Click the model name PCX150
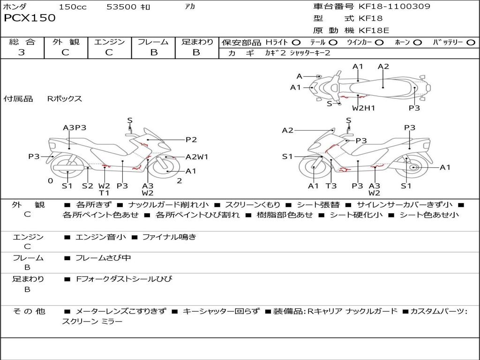pyautogui.click(x=30, y=18)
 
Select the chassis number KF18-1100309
pyautogui.click(x=394, y=7)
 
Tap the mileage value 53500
pyautogui.click(x=121, y=7)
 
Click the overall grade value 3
pyautogui.click(x=22, y=52)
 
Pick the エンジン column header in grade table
pyautogui.click(x=109, y=42)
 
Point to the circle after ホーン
pyautogui.click(x=418, y=42)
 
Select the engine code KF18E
pyautogui.click(x=374, y=30)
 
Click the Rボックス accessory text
pyautogui.click(x=64, y=99)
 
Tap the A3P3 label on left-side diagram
pyautogui.click(x=75, y=127)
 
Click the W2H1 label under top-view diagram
pyautogui.click(x=364, y=108)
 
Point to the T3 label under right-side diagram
pyautogui.click(x=331, y=186)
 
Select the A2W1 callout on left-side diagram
pyautogui.click(x=197, y=157)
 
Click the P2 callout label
pyautogui.click(x=191, y=139)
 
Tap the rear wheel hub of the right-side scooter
pyautogui.click(x=413, y=167)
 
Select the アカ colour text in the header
pyautogui.click(x=190, y=7)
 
